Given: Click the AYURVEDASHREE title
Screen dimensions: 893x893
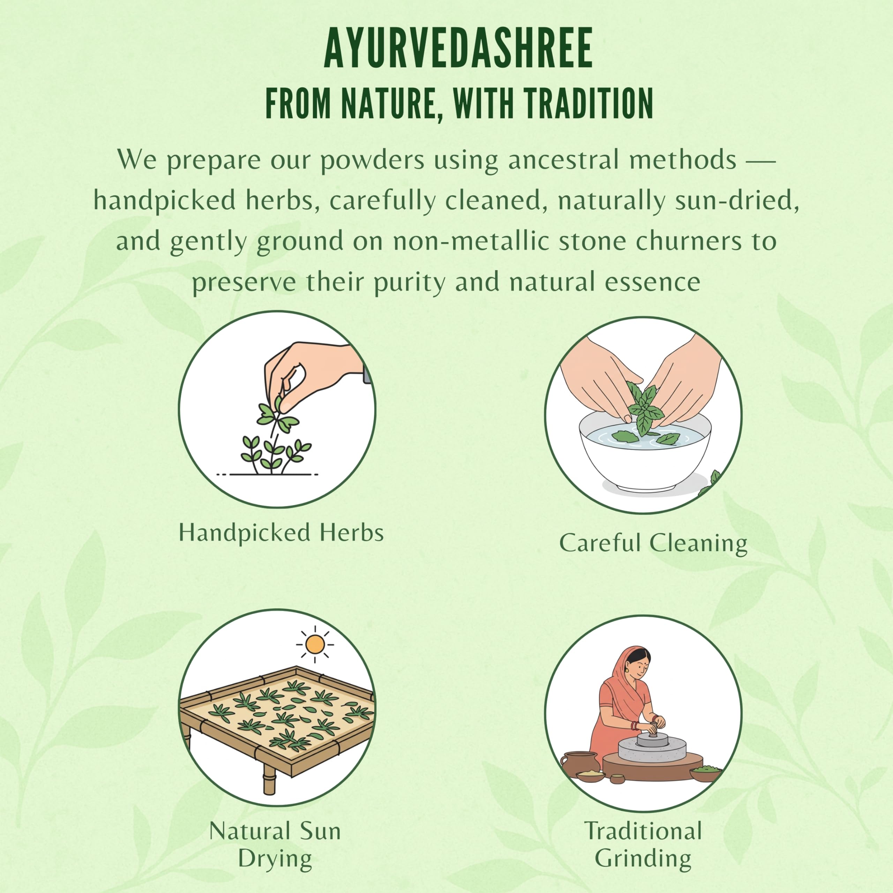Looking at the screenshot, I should point(458,48).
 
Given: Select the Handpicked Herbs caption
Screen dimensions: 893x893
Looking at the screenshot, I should point(281,532).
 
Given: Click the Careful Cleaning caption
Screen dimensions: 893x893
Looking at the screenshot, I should point(653,543).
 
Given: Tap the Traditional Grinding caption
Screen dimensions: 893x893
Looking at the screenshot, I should point(643,845).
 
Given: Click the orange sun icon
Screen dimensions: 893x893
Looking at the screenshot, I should point(315,644).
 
